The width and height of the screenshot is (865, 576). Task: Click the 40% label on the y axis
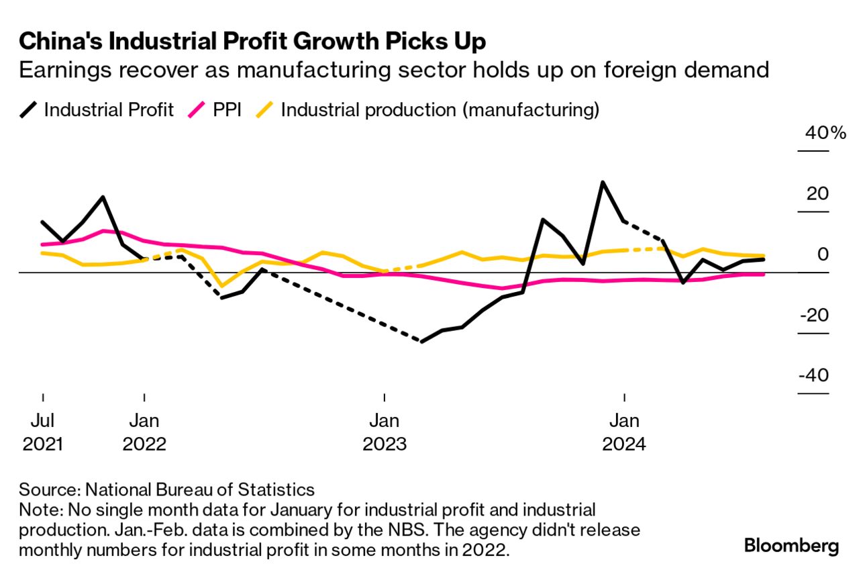[825, 133]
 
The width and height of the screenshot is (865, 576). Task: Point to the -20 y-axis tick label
[813, 315]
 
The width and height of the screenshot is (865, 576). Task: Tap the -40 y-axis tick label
[813, 375]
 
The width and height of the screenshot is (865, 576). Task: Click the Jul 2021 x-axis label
[42, 432]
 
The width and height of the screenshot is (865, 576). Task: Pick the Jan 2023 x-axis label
[384, 432]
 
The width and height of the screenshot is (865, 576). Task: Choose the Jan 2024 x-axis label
[625, 432]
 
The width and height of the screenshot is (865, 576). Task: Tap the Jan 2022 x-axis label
[144, 432]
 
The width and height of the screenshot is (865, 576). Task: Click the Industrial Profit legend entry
[108, 109]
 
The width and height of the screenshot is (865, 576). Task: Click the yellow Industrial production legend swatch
[266, 109]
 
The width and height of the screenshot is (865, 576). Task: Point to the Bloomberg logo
[791, 546]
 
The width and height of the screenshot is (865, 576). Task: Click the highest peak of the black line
[603, 182]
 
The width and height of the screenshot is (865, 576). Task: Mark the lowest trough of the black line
[421, 342]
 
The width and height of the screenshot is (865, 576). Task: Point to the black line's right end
[764, 259]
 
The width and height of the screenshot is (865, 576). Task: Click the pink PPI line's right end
[764, 274]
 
